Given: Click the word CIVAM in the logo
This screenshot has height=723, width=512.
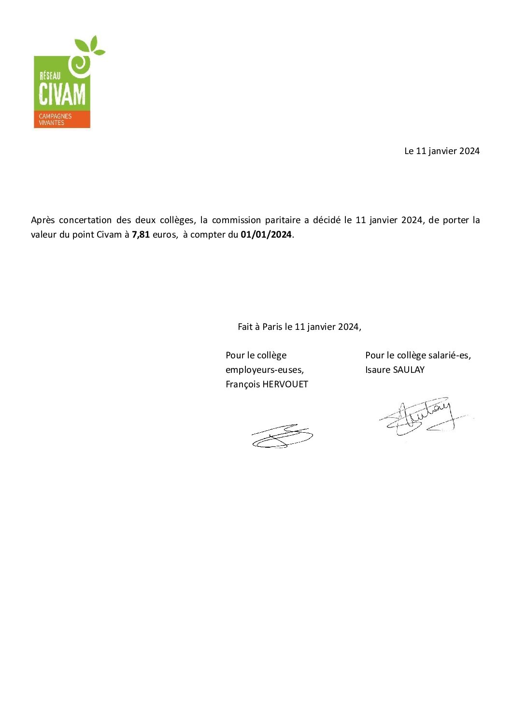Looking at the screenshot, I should coord(62,94).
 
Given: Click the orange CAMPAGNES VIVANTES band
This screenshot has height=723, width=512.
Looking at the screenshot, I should coord(61,119).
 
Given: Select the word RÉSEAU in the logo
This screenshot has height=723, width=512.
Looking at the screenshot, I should coord(50,75).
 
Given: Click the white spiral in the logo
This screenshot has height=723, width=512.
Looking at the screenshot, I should coord(80,65).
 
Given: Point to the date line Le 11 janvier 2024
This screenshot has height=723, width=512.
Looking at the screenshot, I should coord(441,151).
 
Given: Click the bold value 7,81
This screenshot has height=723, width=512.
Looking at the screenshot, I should coord(141,235).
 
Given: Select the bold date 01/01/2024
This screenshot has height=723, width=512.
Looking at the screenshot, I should coord(266,235).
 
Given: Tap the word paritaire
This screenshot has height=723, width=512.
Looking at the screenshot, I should coord(283,220).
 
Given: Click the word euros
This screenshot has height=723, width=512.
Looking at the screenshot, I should coord(165,235).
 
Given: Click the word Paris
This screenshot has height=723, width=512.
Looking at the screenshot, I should coord(272,327).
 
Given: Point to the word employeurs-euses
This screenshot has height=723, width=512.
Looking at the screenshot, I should coord(264,370).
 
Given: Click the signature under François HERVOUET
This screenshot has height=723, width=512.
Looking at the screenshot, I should coord(282,436).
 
